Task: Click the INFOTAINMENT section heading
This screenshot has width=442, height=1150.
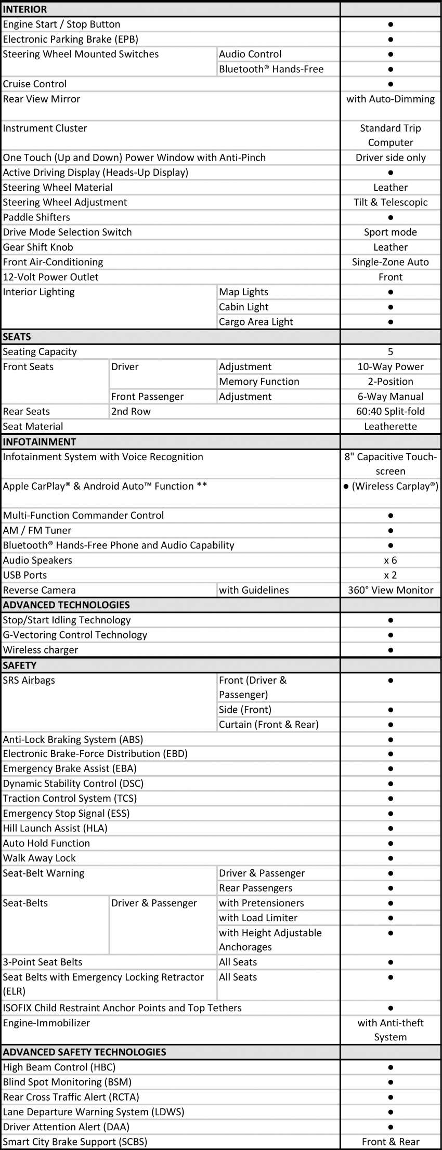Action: (40, 442)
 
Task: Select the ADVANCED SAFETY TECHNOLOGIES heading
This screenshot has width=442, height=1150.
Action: (84, 1052)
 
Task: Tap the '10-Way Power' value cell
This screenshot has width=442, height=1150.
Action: (391, 367)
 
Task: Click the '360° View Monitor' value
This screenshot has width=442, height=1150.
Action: (391, 590)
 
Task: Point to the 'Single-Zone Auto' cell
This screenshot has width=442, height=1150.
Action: (391, 262)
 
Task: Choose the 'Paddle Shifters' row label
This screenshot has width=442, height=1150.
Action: (36, 217)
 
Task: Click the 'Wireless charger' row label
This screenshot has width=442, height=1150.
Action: (41, 650)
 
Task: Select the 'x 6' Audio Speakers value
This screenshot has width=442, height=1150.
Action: (391, 560)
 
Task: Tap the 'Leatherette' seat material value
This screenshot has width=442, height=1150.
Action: (391, 426)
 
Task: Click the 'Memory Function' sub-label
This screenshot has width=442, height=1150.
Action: (259, 382)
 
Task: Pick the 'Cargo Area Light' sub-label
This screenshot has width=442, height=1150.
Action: (256, 322)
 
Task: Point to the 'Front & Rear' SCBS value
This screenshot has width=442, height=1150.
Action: (391, 1142)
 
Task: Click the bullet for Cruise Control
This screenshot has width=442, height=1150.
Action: (391, 84)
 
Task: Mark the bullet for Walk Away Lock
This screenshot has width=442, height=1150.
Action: (391, 858)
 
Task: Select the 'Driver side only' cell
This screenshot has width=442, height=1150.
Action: (391, 158)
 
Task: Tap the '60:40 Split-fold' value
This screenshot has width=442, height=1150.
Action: (391, 411)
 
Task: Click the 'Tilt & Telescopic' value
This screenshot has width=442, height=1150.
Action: (391, 202)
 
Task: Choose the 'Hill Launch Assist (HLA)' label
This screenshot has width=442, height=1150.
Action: (55, 828)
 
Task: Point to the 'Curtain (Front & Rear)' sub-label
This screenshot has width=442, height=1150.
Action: (268, 724)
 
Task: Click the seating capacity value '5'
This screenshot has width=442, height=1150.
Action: (391, 352)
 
